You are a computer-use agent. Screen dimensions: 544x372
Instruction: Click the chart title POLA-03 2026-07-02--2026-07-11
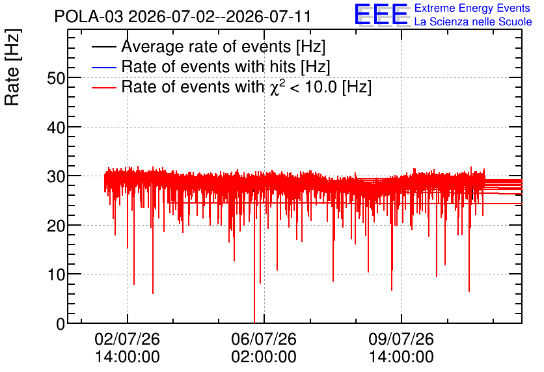click(182, 16)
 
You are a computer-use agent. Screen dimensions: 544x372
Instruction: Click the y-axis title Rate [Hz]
click(12, 67)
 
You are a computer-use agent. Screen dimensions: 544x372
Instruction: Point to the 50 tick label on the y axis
click(56, 78)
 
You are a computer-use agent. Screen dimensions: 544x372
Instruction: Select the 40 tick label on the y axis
click(56, 127)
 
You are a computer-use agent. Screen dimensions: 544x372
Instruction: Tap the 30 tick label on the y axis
click(56, 177)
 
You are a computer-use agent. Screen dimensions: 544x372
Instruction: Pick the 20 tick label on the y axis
click(56, 226)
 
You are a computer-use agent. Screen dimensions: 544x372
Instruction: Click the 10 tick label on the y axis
click(56, 275)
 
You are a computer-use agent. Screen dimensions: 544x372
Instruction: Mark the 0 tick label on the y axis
click(61, 324)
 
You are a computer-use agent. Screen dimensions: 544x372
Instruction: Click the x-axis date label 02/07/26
click(128, 339)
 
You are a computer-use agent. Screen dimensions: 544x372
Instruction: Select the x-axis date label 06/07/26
click(264, 339)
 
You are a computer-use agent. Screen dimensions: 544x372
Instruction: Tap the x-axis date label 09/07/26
click(401, 339)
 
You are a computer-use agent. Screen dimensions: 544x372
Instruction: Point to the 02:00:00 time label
click(264, 357)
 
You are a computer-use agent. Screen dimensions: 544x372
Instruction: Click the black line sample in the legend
click(104, 47)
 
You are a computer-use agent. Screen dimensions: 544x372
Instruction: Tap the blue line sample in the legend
click(104, 67)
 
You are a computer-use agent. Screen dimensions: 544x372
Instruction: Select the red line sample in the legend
click(104, 87)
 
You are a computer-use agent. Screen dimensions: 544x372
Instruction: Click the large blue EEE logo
click(381, 14)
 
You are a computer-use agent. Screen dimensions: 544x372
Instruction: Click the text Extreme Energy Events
click(472, 8)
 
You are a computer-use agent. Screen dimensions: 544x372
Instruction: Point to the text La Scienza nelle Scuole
click(473, 21)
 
